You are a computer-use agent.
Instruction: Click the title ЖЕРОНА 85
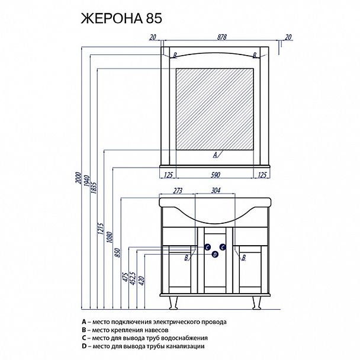point(121,18)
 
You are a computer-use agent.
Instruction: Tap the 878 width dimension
point(222,37)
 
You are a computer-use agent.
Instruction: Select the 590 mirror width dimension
point(216,175)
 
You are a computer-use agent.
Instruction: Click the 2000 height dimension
point(79,178)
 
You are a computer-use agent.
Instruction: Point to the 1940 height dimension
point(87,181)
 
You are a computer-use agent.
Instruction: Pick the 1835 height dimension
point(94,188)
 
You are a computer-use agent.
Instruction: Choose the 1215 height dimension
point(101,228)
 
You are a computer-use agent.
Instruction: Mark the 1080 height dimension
point(110,237)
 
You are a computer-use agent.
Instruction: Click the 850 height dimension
point(117,252)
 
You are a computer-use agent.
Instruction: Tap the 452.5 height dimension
point(133,278)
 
